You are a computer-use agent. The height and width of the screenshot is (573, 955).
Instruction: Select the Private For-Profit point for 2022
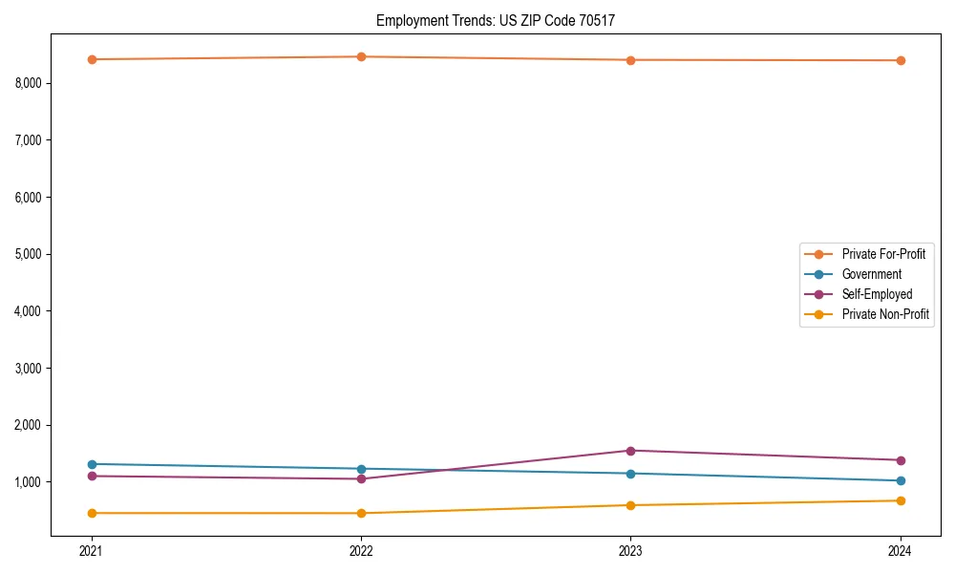point(361,57)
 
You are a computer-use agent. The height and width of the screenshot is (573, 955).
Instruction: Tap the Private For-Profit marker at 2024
point(901,60)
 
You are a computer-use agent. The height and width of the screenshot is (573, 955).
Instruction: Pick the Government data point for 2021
point(92,464)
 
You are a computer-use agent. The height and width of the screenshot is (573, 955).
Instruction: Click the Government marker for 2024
point(901,480)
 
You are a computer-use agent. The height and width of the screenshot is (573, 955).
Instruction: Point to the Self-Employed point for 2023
point(630,451)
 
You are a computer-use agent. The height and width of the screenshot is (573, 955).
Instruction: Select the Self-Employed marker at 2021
point(92,476)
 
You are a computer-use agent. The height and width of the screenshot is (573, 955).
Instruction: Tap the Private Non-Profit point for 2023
point(630,505)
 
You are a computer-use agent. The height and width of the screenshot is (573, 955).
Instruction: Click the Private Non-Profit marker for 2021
point(92,513)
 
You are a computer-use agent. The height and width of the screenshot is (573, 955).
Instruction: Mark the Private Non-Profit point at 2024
point(901,500)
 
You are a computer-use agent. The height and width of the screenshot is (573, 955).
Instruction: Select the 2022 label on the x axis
point(361,551)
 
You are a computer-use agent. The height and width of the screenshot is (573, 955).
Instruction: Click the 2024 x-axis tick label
point(901,551)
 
